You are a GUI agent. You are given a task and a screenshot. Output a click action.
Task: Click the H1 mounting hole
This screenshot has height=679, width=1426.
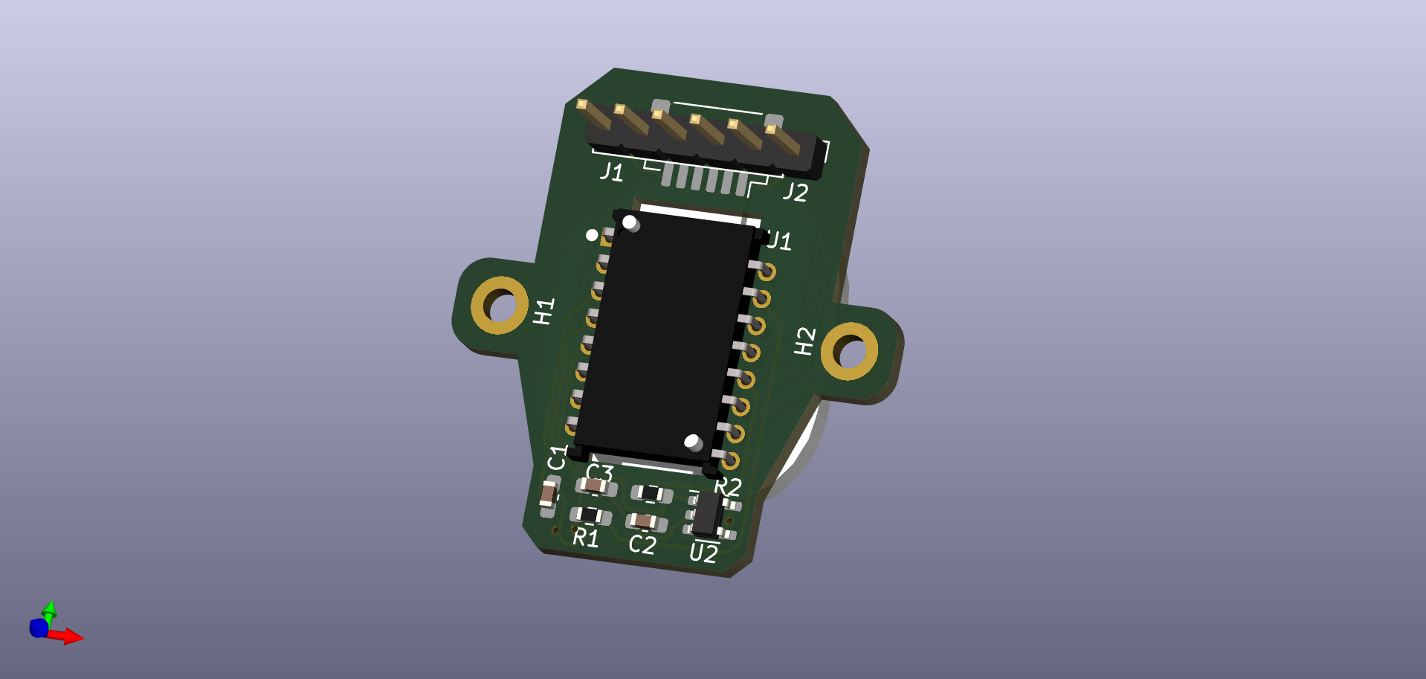(500, 305)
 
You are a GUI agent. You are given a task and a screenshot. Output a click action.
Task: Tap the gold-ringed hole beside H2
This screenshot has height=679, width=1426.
(849, 351)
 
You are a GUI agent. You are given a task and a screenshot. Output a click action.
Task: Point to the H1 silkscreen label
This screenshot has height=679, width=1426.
(544, 311)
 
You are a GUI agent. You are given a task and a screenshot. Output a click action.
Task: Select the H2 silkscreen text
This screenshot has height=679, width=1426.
(804, 341)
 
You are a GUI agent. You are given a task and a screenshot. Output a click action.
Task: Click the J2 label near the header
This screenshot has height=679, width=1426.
(796, 192)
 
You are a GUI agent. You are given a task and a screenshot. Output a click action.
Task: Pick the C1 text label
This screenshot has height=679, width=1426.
(557, 457)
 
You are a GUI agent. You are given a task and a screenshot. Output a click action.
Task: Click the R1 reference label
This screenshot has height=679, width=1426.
(586, 536)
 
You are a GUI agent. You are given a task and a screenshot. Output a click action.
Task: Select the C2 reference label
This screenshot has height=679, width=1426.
(642, 544)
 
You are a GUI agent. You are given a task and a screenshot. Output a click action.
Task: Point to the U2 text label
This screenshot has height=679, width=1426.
(703, 553)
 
